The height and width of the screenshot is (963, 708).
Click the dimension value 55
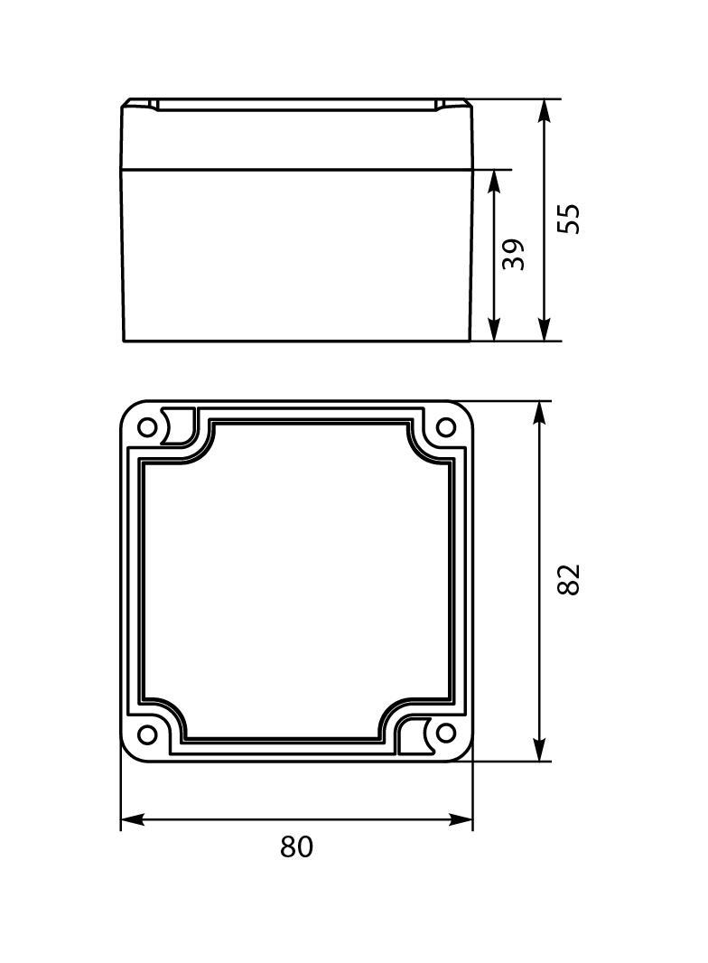click(568, 220)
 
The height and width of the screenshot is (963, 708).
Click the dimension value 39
click(514, 254)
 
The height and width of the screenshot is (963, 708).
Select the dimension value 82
click(568, 579)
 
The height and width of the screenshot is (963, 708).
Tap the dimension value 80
click(296, 847)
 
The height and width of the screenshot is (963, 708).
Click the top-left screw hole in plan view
click(147, 427)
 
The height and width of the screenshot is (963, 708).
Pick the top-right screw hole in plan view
click(445, 427)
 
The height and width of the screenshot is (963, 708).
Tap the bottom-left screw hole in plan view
click(147, 733)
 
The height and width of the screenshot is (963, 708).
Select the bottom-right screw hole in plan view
click(445, 733)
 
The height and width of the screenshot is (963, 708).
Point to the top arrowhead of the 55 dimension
click(544, 111)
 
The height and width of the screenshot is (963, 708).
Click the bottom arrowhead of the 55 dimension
click(544, 331)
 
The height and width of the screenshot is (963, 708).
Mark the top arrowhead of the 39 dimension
click(494, 181)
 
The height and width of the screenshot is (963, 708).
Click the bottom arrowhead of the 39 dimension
click(494, 331)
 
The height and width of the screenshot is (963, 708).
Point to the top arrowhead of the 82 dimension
click(539, 413)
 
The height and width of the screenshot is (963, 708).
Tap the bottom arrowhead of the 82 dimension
click(539, 749)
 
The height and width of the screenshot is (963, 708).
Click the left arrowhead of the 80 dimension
click(133, 820)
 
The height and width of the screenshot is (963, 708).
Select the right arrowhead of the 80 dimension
click(461, 820)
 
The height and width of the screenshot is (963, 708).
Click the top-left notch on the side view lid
click(154, 105)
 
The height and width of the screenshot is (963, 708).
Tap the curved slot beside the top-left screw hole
click(173, 426)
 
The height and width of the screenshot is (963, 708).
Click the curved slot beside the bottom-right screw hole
click(420, 734)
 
